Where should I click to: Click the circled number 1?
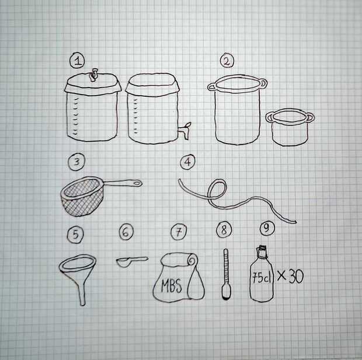click(x=77, y=61)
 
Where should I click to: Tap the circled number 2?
click(x=227, y=61)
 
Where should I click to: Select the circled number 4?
click(x=187, y=162)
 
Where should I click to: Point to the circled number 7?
click(x=179, y=232)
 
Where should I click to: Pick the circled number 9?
click(x=267, y=228)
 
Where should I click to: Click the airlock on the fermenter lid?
click(x=94, y=75)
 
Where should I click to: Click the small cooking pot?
click(x=290, y=127)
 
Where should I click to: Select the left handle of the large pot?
click(x=211, y=87)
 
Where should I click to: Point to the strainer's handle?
click(x=123, y=183)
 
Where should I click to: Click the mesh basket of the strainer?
click(x=82, y=197)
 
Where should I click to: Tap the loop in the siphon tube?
click(x=217, y=190)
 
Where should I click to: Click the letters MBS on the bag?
click(x=172, y=285)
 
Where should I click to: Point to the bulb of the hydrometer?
click(x=225, y=293)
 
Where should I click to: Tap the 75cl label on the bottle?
click(x=261, y=277)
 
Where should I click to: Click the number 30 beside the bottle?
click(x=296, y=277)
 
